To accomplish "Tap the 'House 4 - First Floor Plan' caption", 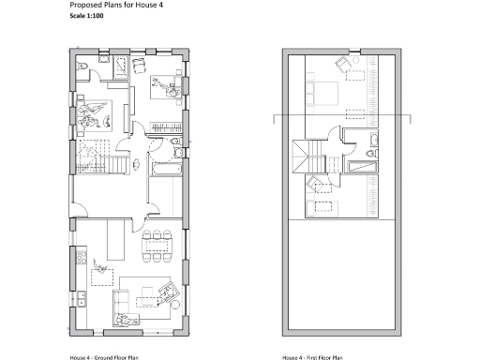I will [312, 357].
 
